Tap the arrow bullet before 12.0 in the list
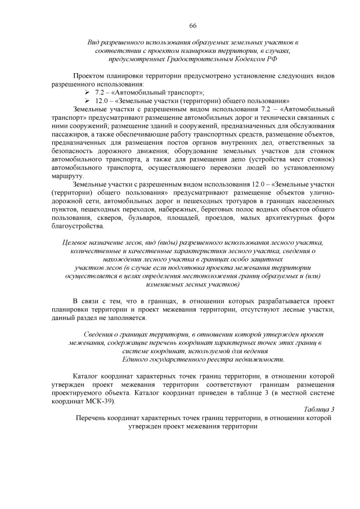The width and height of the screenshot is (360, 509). [87, 101]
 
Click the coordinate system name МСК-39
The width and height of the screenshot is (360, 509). [98, 402]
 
